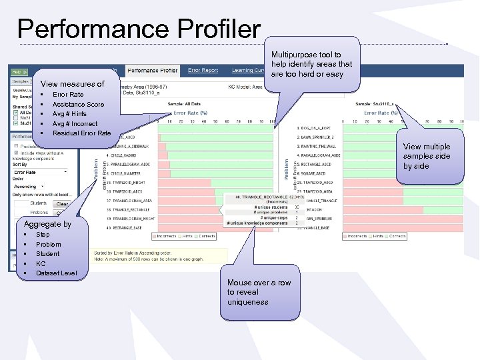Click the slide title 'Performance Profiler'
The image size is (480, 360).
point(139,29)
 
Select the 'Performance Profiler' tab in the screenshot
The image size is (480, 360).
point(153,70)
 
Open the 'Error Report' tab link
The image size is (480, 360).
point(203,70)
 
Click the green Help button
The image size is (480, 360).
point(17,71)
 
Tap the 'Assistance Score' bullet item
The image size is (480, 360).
point(78,105)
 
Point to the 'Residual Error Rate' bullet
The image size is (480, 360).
point(81,133)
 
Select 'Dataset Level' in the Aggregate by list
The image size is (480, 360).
point(56,273)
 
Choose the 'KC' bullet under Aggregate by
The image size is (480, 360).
point(41,263)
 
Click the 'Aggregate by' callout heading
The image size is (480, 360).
point(47,224)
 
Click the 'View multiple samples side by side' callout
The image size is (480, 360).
point(427,157)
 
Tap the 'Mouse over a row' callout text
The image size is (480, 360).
point(259,292)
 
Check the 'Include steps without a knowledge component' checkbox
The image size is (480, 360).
point(17,152)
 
